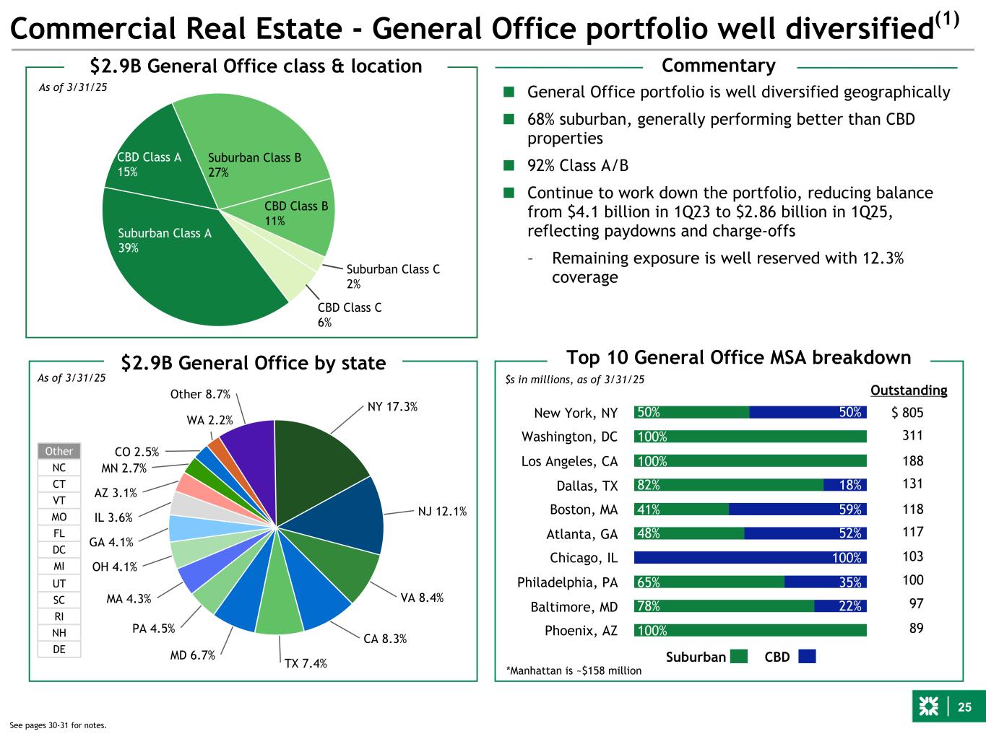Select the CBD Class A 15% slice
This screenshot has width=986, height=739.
coord(144,162)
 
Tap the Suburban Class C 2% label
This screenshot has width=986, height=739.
coord(392,276)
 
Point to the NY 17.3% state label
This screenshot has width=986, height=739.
coord(392,407)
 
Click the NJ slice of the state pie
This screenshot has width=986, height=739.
coord(354,516)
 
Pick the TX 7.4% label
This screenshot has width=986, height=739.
coord(305,663)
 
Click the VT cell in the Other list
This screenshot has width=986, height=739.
coord(59,501)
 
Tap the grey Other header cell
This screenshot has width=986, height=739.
coord(59,452)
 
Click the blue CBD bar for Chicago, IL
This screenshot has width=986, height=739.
coord(750,558)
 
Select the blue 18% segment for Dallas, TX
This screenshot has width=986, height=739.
coord(845,485)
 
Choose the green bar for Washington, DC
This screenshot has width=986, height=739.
coord(750,437)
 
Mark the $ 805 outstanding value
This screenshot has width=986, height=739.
coord(907,413)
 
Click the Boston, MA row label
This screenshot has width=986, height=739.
coord(584,510)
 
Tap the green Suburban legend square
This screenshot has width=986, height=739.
coord(738,657)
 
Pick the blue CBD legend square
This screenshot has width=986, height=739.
coord(807,657)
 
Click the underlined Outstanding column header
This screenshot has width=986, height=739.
coord(909,390)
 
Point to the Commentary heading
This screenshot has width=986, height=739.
coord(718,66)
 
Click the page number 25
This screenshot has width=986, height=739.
coord(964,707)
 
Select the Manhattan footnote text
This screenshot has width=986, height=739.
coord(574,670)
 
